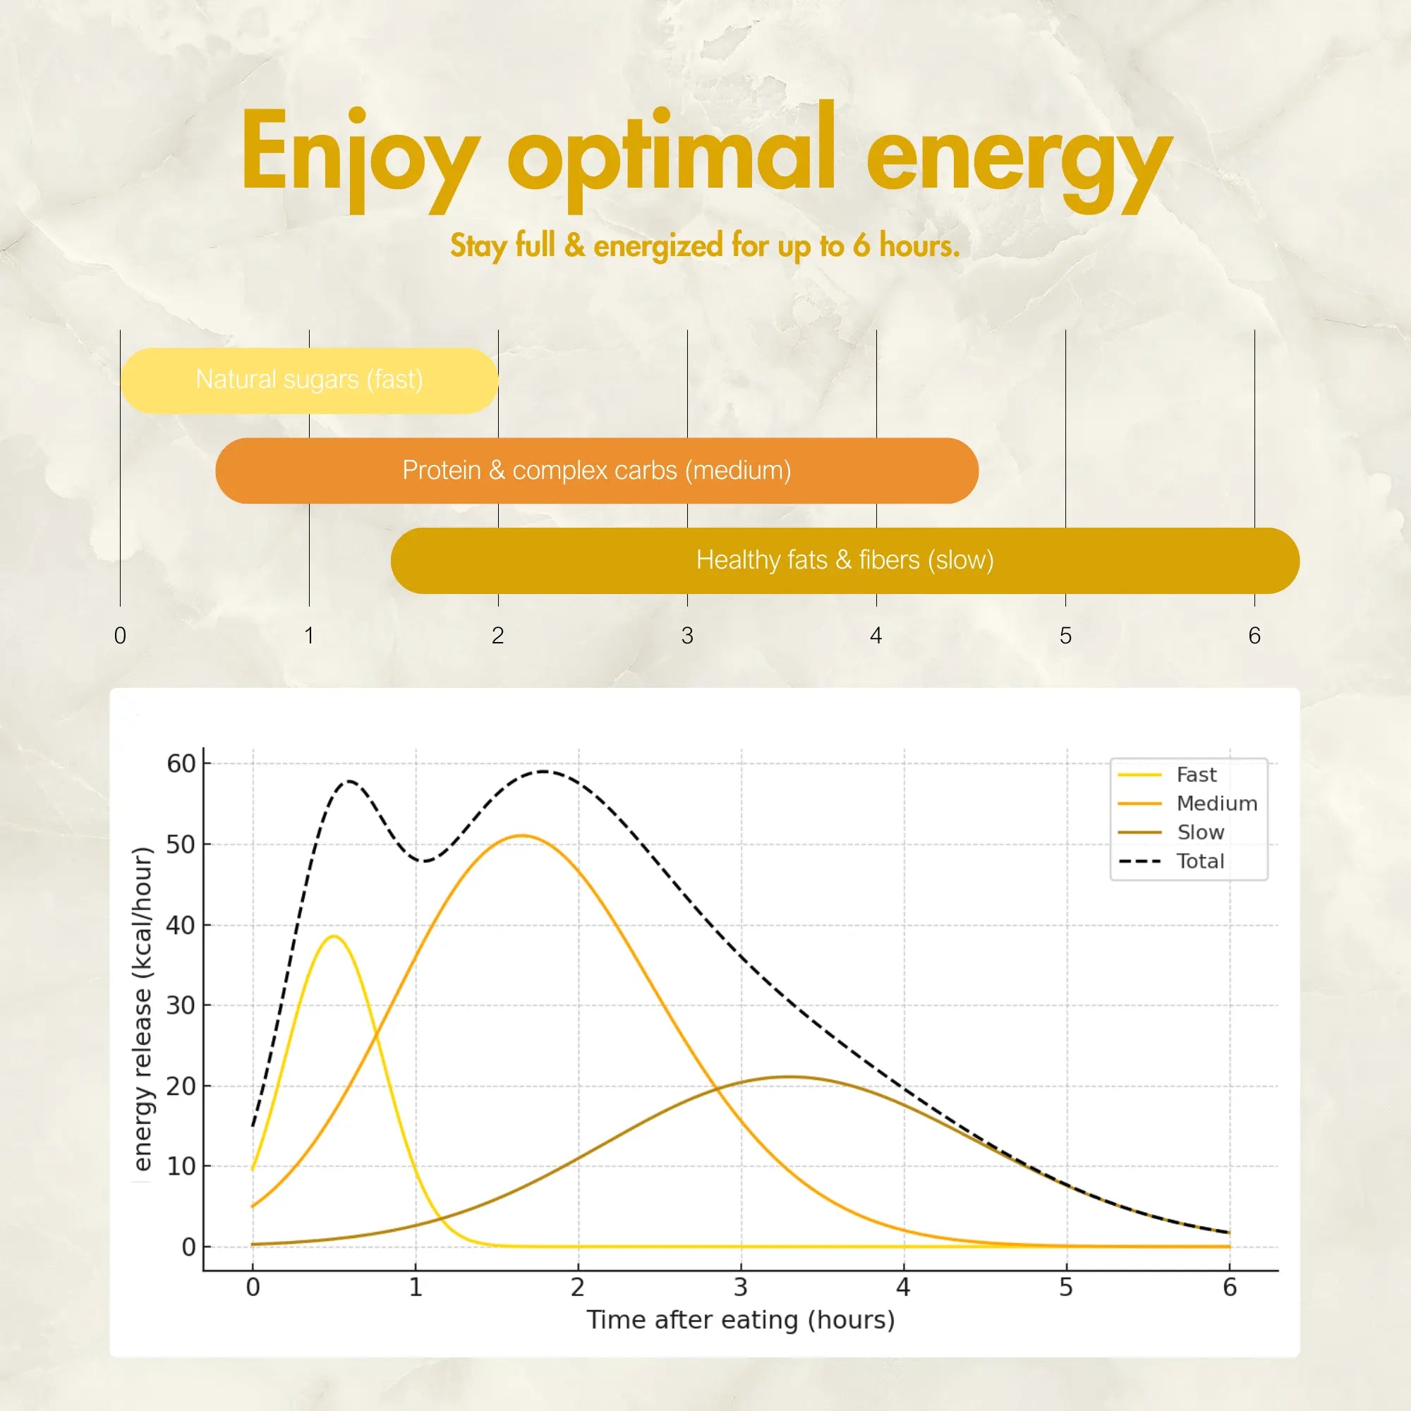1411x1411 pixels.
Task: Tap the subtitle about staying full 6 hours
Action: (705, 246)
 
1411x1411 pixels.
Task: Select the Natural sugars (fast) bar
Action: (310, 380)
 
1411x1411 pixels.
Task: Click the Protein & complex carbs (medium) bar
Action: (597, 471)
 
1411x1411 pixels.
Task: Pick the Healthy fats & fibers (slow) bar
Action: (845, 561)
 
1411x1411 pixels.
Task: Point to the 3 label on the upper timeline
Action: (687, 636)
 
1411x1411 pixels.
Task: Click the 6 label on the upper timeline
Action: (1254, 636)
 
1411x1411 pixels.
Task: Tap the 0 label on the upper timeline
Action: (121, 636)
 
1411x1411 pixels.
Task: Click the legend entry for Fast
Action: (1196, 775)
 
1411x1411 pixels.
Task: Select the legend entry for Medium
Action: (1216, 804)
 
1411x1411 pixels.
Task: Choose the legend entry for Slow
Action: (1200, 832)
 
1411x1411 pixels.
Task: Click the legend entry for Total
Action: (1199, 862)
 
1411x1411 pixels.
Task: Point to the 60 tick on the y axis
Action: (181, 764)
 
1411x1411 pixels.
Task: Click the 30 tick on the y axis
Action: (181, 1005)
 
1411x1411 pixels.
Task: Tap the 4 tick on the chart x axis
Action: (904, 1287)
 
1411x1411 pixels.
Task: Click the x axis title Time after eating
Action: (741, 1321)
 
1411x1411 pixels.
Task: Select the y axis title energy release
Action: (143, 1008)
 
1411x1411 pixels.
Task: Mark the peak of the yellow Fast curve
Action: (334, 936)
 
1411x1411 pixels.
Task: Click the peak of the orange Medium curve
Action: (521, 835)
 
